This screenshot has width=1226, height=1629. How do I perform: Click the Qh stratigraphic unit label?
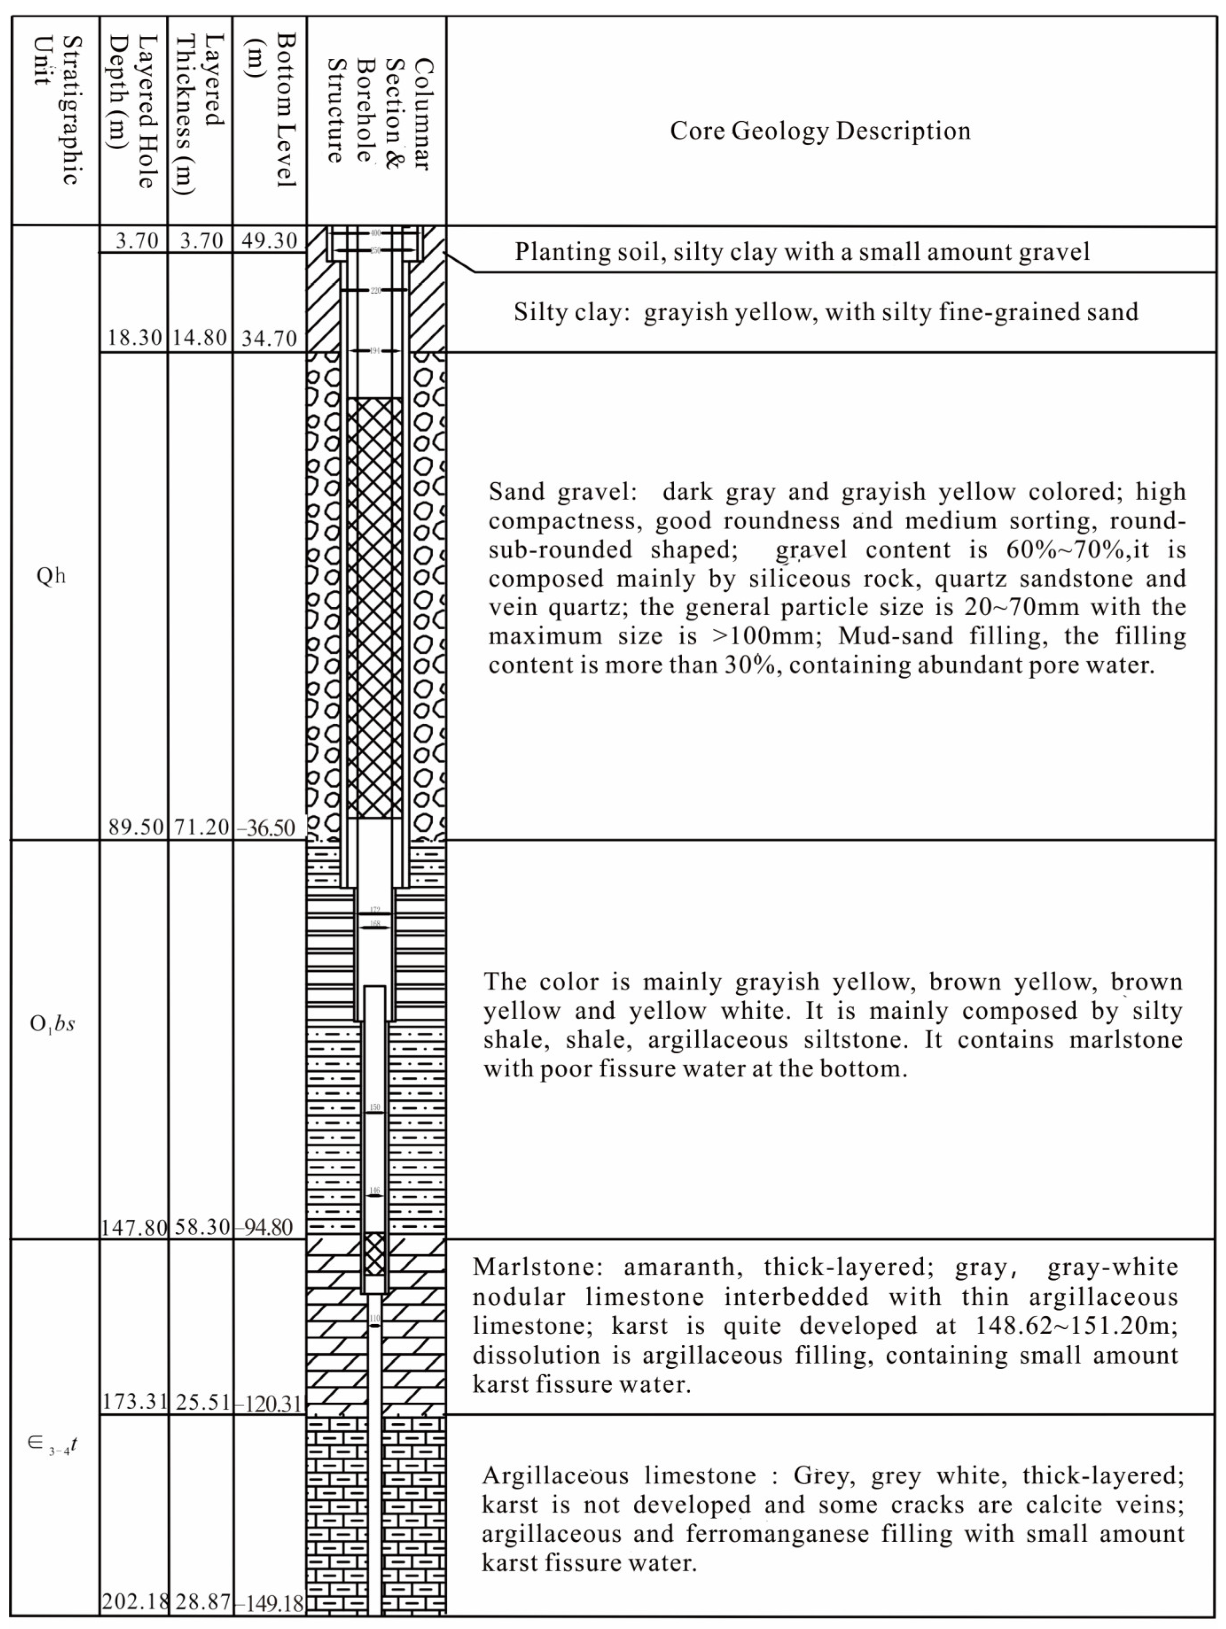tap(51, 575)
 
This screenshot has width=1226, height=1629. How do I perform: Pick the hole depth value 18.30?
tap(134, 338)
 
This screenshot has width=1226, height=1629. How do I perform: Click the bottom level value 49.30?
tap(269, 241)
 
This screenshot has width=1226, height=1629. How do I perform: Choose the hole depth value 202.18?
tap(135, 1601)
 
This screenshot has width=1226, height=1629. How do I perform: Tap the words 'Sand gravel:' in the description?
tap(557, 491)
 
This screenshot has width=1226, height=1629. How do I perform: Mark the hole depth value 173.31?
tap(135, 1401)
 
